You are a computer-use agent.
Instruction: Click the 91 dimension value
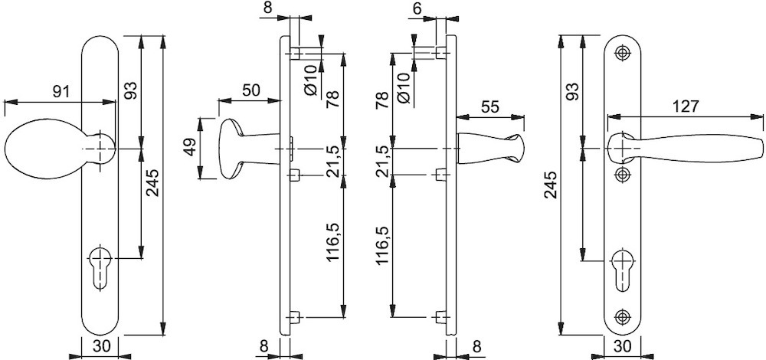pyautogui.click(x=61, y=91)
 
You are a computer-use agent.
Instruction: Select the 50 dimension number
pyautogui.click(x=250, y=90)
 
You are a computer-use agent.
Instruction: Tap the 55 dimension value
pyautogui.click(x=490, y=106)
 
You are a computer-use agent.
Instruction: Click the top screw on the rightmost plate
pyautogui.click(x=622, y=53)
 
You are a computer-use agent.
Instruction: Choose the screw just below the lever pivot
pyautogui.click(x=622, y=174)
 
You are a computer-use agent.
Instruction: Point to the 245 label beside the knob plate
pyautogui.click(x=153, y=183)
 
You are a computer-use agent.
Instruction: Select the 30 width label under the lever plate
pyautogui.click(x=622, y=346)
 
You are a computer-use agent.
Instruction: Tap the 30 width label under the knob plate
pyautogui.click(x=101, y=346)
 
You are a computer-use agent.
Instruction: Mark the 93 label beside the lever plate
pyautogui.click(x=573, y=91)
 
